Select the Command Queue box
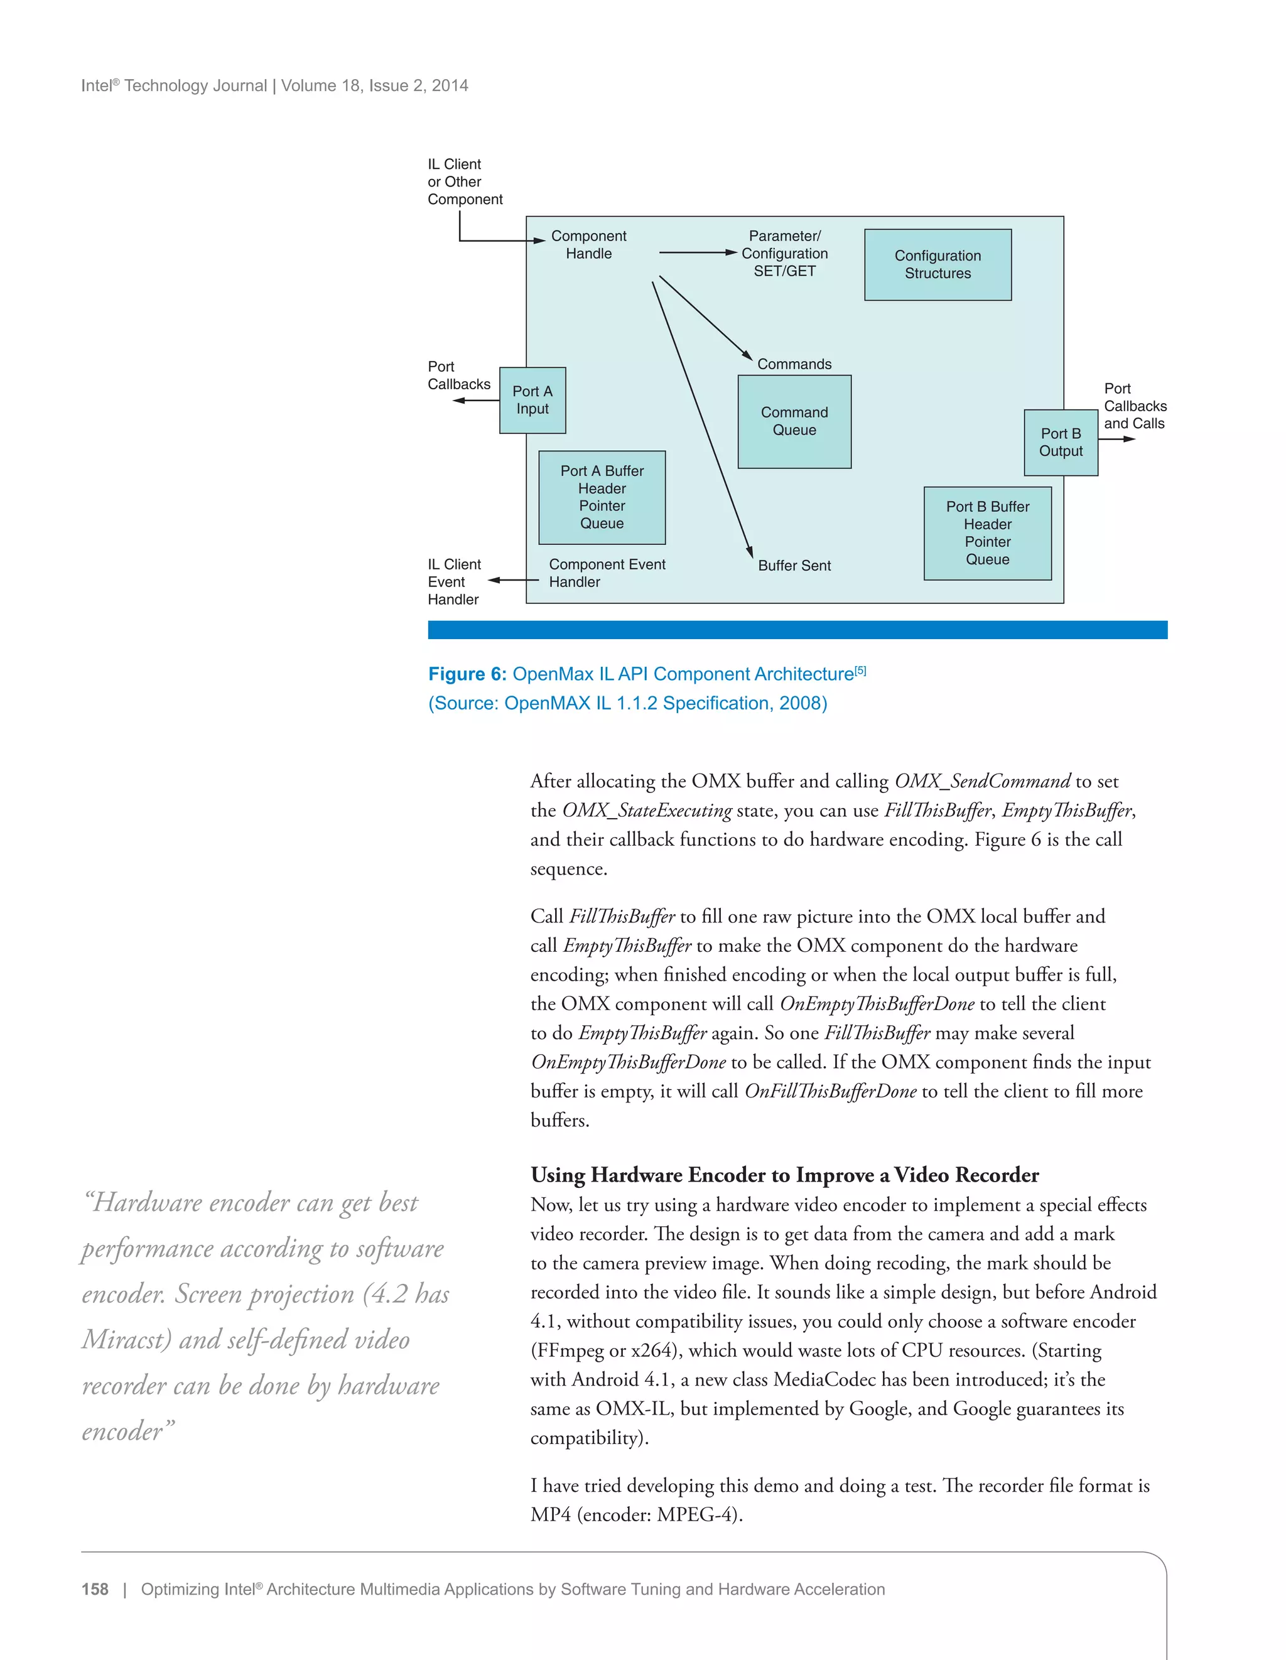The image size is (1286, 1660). coord(794,421)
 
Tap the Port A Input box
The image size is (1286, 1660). coord(532,400)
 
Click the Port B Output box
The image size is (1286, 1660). coord(1061,443)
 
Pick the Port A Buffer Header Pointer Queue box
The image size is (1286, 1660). coord(602,497)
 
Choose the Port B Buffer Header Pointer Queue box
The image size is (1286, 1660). coord(987,533)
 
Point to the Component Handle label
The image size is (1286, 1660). coord(588,245)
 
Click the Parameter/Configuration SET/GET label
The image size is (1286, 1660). coord(784,253)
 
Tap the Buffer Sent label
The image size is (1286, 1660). coord(794,566)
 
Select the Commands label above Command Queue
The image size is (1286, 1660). coord(794,364)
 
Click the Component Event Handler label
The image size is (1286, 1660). coord(607,573)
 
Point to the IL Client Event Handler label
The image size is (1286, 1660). coord(454,581)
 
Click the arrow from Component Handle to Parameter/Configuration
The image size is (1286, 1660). coord(697,252)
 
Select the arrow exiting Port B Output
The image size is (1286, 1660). coord(1116,439)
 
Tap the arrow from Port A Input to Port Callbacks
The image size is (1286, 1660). coord(476,400)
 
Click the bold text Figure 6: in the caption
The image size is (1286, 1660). coord(467,674)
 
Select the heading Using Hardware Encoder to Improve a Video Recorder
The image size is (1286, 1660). coord(784,1175)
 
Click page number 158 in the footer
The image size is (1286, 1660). coord(95,1589)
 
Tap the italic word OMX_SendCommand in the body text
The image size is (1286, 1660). coord(982,782)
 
